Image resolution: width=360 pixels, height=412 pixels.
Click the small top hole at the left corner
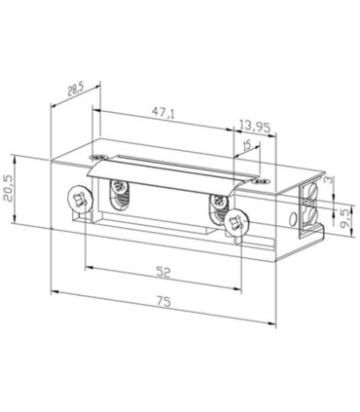[94, 157]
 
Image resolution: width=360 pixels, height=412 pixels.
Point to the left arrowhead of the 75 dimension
[53, 289]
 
